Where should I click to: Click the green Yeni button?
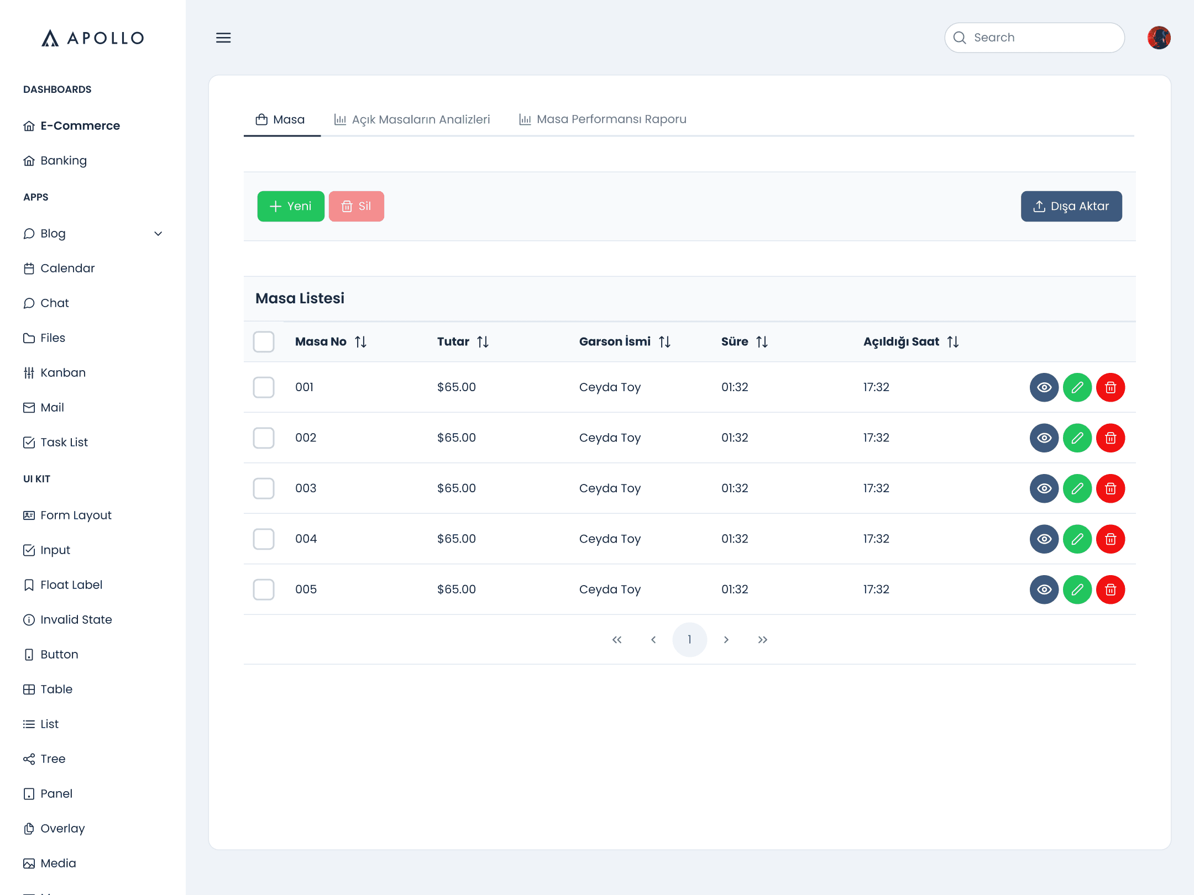(x=291, y=206)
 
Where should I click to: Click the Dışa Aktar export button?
(x=1071, y=206)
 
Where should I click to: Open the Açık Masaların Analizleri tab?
(x=412, y=119)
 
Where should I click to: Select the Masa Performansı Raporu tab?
(x=603, y=119)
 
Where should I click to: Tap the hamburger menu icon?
(x=223, y=38)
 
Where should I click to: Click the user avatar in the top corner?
(x=1159, y=38)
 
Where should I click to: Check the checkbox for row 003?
(x=264, y=488)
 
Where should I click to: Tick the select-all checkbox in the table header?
(x=264, y=341)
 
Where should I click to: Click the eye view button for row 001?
(x=1044, y=387)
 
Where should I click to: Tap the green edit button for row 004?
(x=1077, y=539)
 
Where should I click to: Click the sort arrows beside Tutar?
(x=483, y=342)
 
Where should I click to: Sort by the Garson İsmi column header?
(x=615, y=341)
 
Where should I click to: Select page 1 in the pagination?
(x=689, y=639)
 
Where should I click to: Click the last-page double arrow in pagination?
(x=763, y=639)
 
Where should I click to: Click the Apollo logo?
(x=93, y=38)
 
